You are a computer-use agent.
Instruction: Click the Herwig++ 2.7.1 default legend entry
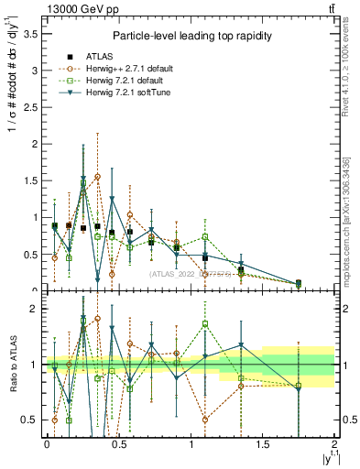tap(120, 69)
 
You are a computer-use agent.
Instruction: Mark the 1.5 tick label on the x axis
tap(263, 444)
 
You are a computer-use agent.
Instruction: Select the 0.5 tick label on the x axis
tap(118, 444)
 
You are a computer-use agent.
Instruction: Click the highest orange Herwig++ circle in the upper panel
tap(97, 176)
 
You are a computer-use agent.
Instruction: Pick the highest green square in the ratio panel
tap(205, 323)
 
